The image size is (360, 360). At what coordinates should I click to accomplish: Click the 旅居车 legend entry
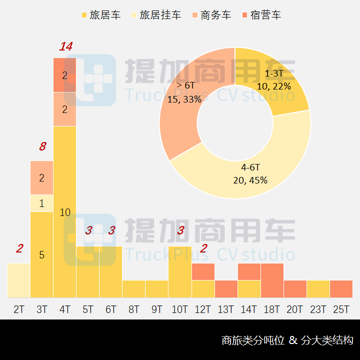(101, 15)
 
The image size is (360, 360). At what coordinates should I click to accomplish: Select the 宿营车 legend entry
(261, 15)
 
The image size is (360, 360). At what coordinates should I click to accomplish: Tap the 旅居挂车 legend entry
(155, 15)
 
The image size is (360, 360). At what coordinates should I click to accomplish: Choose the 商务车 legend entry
(211, 15)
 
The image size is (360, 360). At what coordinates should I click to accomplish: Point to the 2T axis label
(19, 309)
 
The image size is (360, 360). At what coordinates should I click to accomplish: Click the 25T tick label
(341, 309)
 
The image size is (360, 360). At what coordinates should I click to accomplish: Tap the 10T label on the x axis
(180, 309)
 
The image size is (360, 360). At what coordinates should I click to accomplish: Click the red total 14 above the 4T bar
(65, 47)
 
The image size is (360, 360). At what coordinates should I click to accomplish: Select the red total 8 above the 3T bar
(42, 146)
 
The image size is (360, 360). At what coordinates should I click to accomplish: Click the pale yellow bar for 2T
(19, 280)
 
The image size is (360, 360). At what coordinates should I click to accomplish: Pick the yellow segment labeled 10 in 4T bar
(65, 212)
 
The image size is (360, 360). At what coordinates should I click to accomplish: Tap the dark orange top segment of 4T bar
(65, 75)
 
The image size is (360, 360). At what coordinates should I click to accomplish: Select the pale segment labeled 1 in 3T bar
(42, 203)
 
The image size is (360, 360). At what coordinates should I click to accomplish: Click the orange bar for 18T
(272, 280)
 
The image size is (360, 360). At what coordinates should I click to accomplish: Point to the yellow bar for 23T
(318, 289)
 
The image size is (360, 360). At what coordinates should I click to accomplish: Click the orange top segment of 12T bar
(203, 271)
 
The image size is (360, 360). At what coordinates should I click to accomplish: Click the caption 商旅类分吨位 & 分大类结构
(287, 340)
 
